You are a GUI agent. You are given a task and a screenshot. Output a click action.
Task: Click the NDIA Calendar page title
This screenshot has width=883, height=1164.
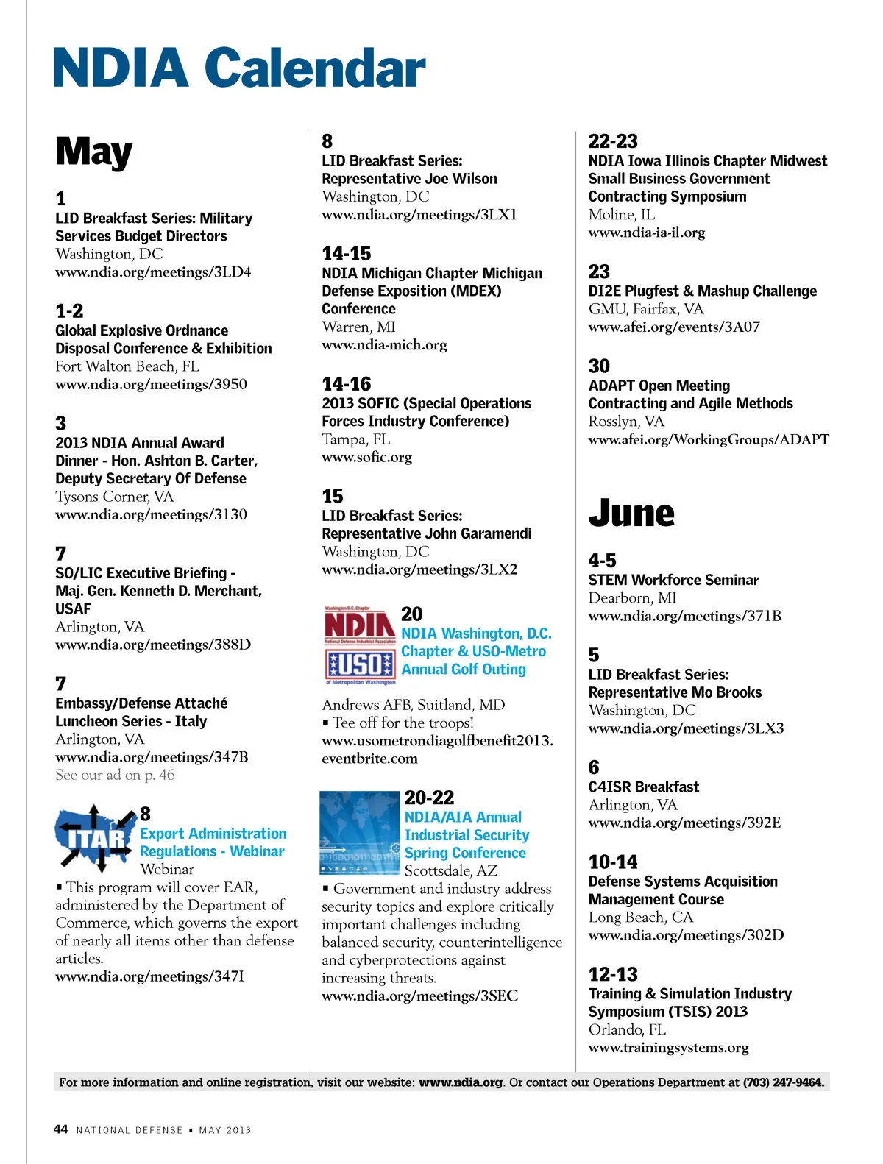[239, 68]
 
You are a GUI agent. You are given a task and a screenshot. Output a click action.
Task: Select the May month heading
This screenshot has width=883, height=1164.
[93, 152]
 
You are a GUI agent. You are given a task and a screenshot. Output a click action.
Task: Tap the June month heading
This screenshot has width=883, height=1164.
[631, 513]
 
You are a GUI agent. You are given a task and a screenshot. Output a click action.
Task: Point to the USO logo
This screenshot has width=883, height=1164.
[360, 665]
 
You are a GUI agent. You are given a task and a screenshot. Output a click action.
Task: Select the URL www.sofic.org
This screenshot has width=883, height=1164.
[366, 457]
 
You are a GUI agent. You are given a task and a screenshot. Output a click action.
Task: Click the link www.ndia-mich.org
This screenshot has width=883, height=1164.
[384, 344]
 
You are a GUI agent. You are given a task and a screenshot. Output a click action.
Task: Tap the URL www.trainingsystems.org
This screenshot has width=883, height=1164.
[668, 1047]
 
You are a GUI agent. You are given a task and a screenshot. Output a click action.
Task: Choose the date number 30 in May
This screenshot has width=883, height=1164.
[599, 366]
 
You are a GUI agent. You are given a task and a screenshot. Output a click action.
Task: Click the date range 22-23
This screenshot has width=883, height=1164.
[613, 141]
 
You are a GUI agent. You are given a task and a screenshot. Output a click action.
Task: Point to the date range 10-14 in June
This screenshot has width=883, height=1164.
[613, 862]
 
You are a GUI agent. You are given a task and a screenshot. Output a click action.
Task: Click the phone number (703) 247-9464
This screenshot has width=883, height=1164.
[783, 1082]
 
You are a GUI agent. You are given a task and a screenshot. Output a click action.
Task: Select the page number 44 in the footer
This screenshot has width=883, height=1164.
[60, 1129]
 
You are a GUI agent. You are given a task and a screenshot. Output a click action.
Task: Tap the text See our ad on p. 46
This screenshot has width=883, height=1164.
[115, 775]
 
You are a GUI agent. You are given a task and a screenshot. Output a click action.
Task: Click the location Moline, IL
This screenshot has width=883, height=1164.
[621, 214]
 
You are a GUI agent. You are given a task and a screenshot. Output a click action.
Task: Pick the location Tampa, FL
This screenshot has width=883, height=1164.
[355, 439]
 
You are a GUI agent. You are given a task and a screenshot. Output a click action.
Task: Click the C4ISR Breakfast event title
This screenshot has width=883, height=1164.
[643, 787]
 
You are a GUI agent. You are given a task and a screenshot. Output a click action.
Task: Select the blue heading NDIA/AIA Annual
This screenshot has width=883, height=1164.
[463, 817]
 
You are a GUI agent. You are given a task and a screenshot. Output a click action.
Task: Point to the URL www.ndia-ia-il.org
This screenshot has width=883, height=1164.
[646, 233]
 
